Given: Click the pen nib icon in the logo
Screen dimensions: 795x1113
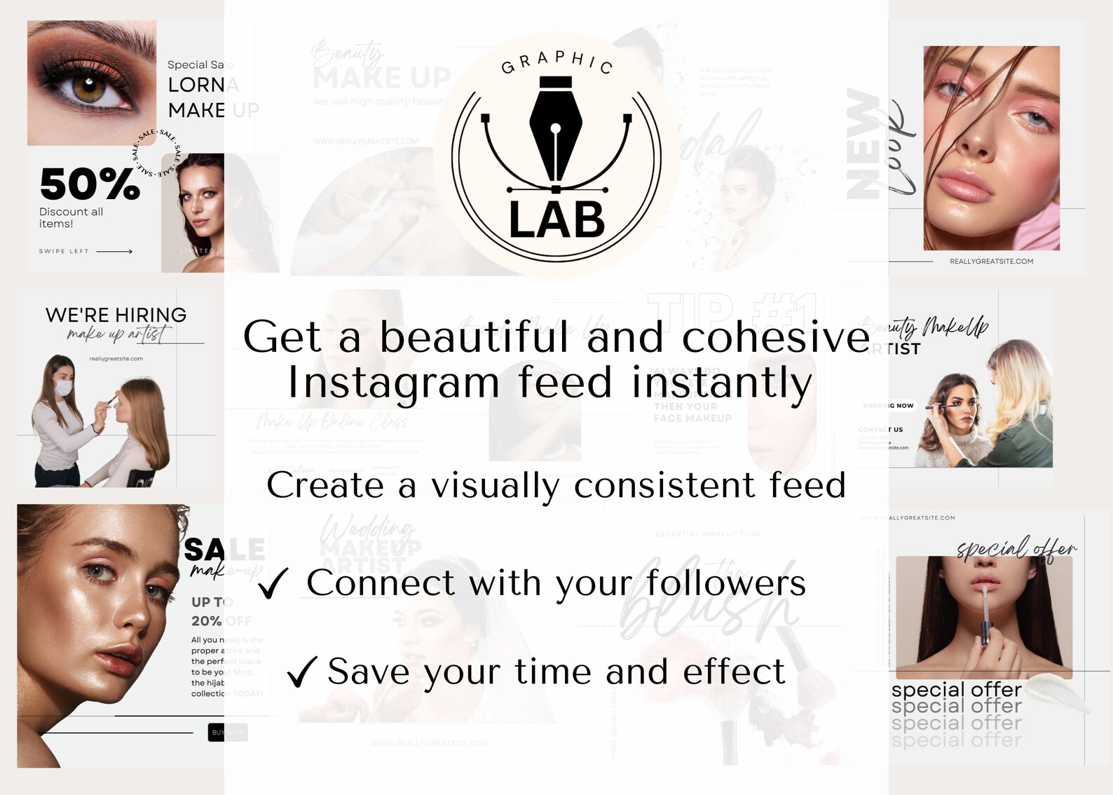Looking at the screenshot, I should pyautogui.click(x=556, y=133).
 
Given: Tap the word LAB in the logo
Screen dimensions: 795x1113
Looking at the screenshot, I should pyautogui.click(x=556, y=220).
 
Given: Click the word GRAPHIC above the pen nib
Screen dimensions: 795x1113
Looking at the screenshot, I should pyautogui.click(x=557, y=62).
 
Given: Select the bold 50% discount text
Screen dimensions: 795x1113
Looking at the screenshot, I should pyautogui.click(x=90, y=184).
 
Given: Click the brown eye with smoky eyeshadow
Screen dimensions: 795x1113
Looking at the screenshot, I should pyautogui.click(x=90, y=89).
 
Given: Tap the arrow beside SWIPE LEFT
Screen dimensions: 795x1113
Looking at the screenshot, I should pyautogui.click(x=114, y=251).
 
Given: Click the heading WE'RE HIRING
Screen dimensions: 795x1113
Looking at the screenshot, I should pyautogui.click(x=116, y=315).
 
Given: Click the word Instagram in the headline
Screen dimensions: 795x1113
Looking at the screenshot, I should pyautogui.click(x=394, y=383).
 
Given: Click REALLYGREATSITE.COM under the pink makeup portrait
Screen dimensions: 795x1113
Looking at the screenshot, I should pyautogui.click(x=991, y=261).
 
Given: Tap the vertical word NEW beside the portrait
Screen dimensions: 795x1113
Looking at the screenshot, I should pyautogui.click(x=863, y=144).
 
